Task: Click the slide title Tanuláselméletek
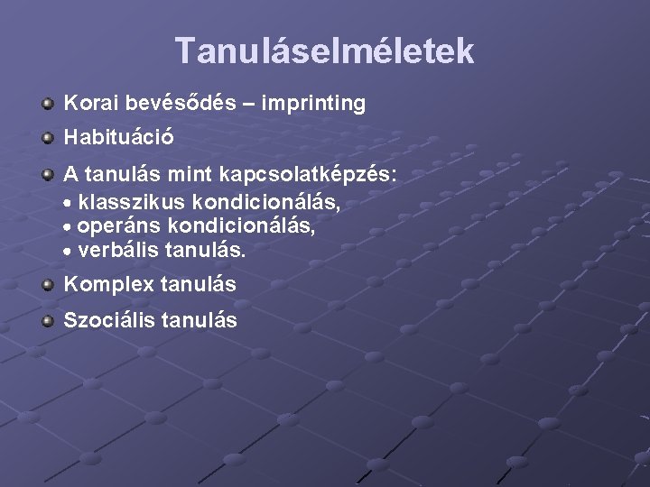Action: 324,51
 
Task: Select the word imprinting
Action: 314,104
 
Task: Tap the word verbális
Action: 116,250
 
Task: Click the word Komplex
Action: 108,285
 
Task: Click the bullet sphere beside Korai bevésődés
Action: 47,104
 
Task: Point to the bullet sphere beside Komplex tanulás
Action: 47,285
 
